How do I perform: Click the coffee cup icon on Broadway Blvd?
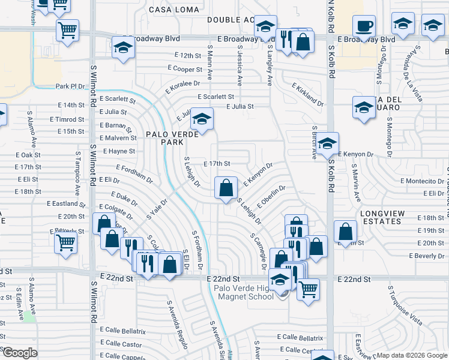pos(363,27)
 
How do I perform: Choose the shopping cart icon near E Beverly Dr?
pos(65,243)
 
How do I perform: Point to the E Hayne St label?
pos(119,151)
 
